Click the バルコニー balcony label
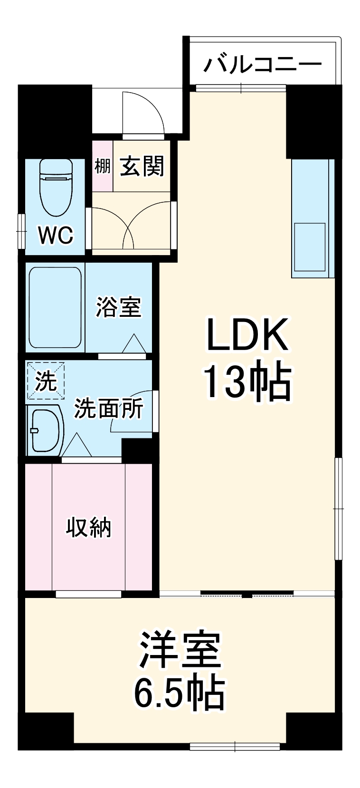(263, 64)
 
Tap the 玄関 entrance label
(142, 166)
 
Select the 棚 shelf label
(102, 166)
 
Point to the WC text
(56, 235)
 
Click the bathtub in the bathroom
(55, 308)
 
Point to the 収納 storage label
(88, 527)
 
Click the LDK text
(247, 335)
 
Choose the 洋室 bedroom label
(180, 650)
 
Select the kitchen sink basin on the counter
(310, 247)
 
